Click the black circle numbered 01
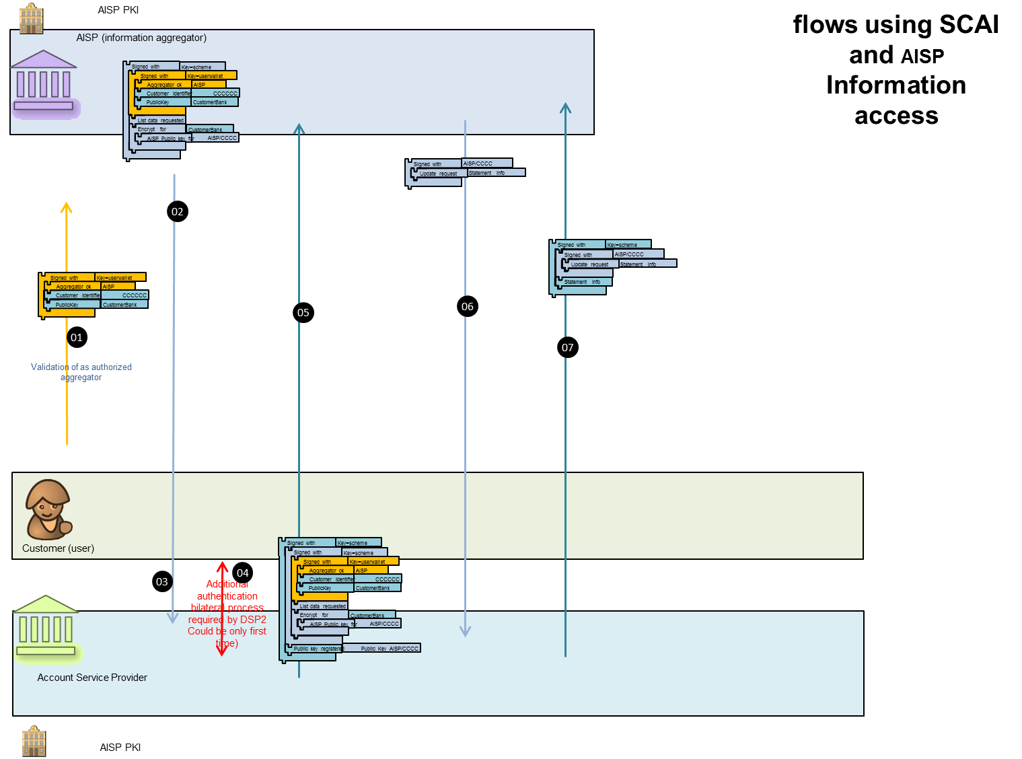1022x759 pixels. point(77,338)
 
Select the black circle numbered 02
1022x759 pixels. point(177,212)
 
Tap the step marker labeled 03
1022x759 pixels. point(162,582)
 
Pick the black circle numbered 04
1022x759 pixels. point(243,573)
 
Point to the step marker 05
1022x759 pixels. point(303,313)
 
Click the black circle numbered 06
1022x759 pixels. point(468,307)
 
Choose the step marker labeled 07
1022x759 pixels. point(568,348)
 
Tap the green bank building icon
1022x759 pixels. point(46,627)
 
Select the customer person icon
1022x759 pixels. point(47,509)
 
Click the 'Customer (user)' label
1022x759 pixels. point(58,548)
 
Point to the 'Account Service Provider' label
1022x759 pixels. point(92,678)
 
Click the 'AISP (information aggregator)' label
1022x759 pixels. point(141,38)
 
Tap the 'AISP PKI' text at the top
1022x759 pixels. point(118,10)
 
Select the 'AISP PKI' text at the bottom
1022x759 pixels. point(120,748)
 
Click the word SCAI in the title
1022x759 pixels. point(969,25)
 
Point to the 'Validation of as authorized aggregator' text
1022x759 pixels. point(81,372)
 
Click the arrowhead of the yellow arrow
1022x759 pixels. point(67,207)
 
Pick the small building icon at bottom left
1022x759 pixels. point(33,742)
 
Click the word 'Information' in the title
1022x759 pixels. point(896,85)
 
